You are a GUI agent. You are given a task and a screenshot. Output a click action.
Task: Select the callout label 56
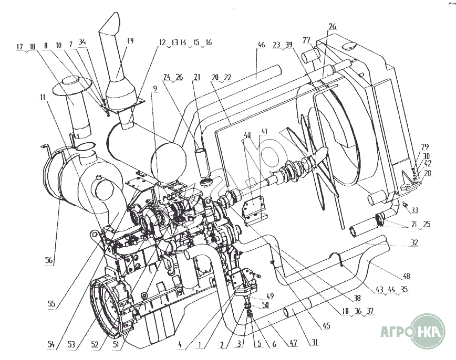tap(49, 260)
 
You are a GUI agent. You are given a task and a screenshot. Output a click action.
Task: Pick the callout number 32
tap(415, 243)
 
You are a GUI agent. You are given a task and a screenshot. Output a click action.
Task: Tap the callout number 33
tap(415, 210)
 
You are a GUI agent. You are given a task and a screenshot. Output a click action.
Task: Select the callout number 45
tap(327, 326)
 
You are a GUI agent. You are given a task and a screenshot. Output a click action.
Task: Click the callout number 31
tap(314, 343)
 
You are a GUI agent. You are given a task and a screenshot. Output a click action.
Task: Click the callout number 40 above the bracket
tap(246, 134)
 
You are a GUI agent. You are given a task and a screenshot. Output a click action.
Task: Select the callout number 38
tap(357, 298)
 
